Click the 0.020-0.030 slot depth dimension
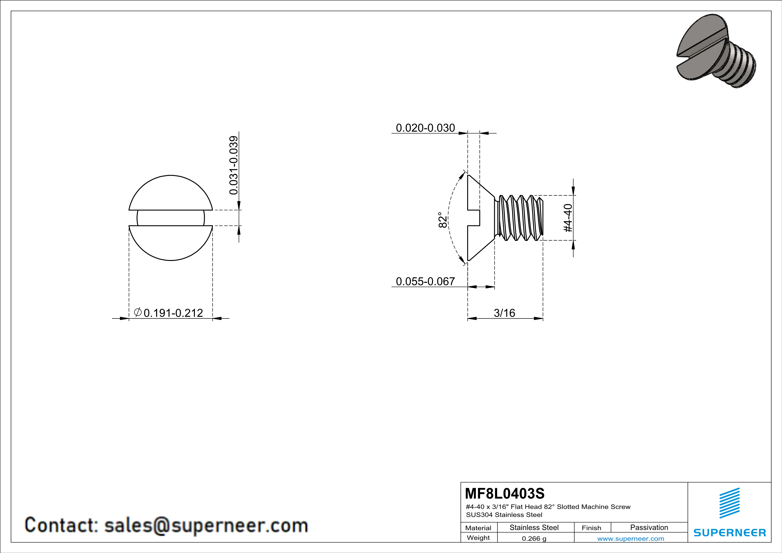[x=425, y=128]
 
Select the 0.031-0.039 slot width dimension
[x=234, y=165]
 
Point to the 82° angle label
[x=442, y=220]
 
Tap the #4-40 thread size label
[x=568, y=218]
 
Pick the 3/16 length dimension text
[x=504, y=313]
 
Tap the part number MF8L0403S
[x=505, y=493]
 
